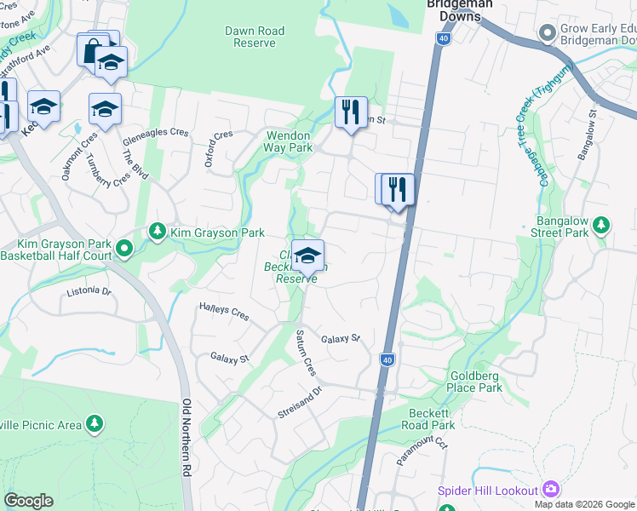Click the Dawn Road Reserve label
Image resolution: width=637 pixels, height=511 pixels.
click(255, 37)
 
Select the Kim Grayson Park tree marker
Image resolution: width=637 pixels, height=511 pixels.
click(157, 231)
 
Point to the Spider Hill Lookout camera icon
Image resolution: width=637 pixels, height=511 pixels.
click(551, 489)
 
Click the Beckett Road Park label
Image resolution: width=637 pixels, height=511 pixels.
click(430, 419)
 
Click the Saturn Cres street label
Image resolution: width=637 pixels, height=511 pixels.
click(306, 352)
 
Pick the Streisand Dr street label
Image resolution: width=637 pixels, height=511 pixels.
click(300, 403)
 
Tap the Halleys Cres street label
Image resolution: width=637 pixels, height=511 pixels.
click(223, 313)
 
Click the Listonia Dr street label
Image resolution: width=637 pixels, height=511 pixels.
click(89, 292)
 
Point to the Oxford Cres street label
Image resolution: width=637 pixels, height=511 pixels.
click(219, 146)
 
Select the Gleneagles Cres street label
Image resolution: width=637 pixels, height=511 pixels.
click(155, 132)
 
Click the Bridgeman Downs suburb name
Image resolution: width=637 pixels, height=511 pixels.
click(460, 10)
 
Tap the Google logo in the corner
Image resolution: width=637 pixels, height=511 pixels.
click(28, 501)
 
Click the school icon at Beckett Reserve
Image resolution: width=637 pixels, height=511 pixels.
click(307, 255)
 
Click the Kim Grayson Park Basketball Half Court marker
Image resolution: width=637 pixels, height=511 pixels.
click(125, 250)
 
